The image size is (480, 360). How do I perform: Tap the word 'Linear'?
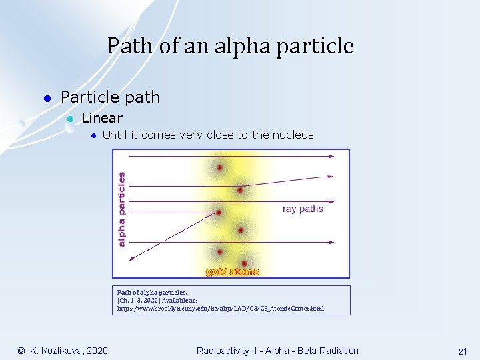102,118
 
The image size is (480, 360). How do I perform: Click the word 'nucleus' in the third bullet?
291,135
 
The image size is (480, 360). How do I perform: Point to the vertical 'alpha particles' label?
121,209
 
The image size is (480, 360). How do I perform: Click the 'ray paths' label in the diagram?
303,209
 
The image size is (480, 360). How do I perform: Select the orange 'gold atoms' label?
232,271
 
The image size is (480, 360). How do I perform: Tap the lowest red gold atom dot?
245,263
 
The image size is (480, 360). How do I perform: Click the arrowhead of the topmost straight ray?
331,156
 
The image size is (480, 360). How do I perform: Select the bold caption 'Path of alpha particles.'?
153,292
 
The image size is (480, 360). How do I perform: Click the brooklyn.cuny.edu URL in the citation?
221,309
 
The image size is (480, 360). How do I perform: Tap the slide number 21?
462,351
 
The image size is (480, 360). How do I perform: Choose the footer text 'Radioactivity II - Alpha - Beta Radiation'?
277,351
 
